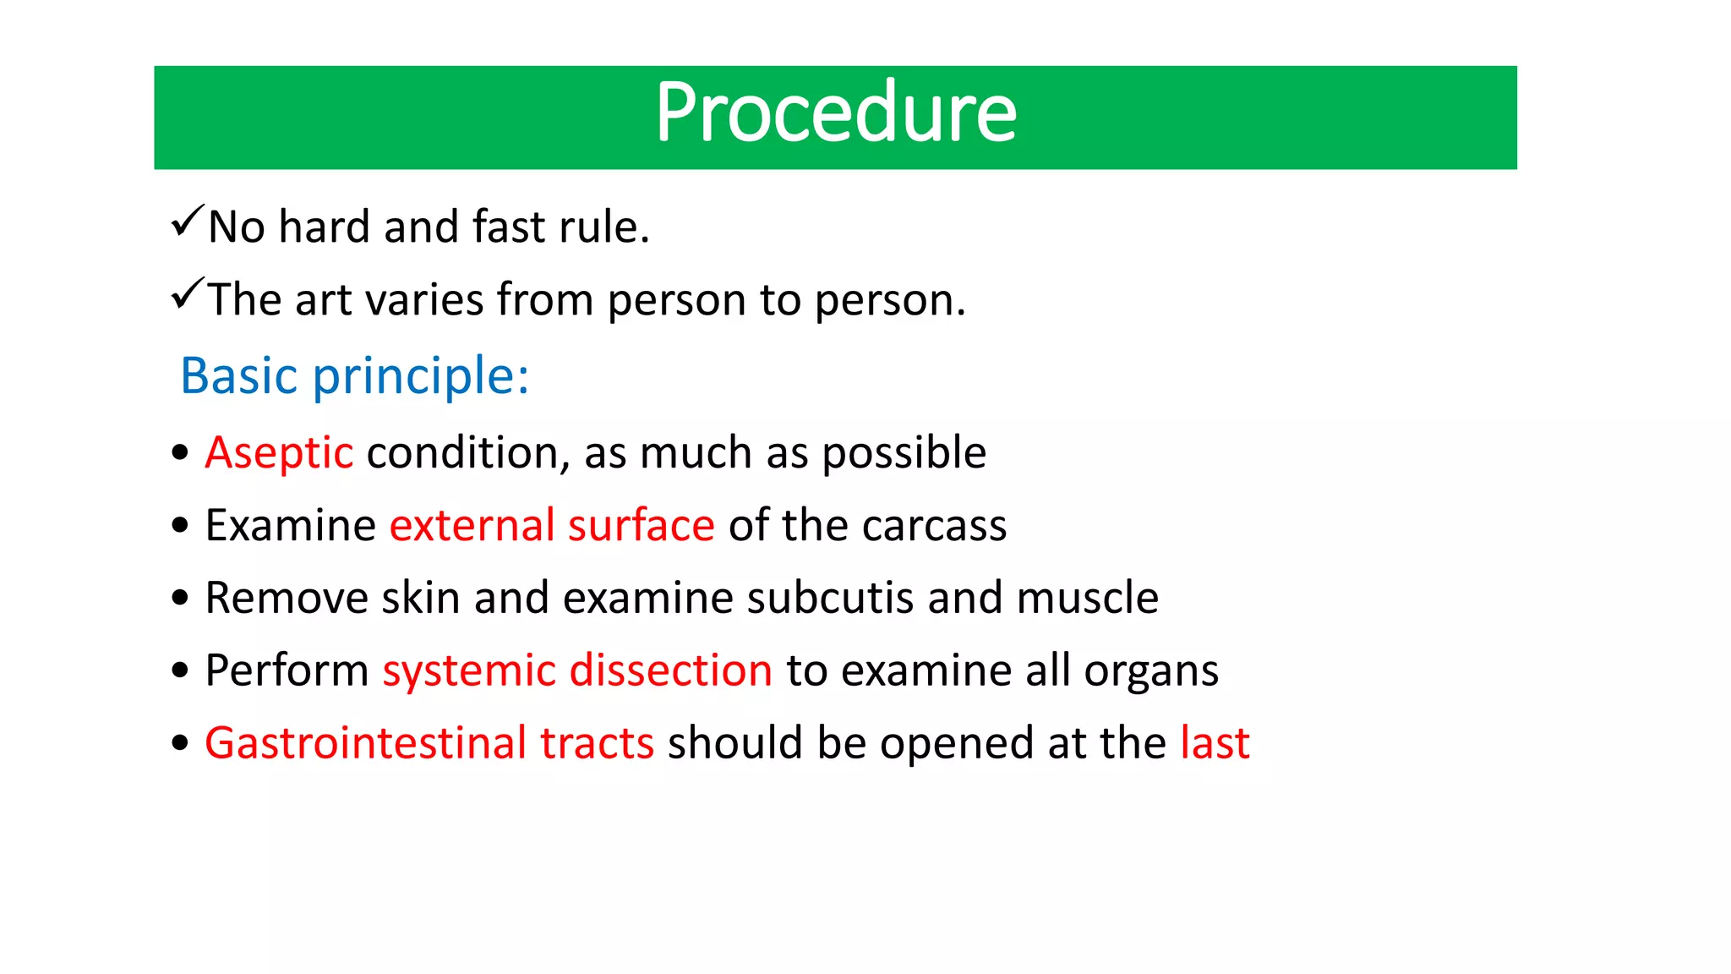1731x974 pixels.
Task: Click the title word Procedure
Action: coord(835,113)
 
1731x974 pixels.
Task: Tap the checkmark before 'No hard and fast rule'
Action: coord(187,222)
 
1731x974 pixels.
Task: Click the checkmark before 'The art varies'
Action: coord(187,294)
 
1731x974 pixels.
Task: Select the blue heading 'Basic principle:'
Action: coord(354,375)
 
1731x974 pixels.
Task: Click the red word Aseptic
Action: coord(279,453)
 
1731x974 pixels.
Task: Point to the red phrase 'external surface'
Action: coord(552,526)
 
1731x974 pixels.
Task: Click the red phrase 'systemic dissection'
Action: coord(577,670)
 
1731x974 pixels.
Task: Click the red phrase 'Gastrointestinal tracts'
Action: coord(429,743)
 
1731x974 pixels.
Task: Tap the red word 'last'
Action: coord(1215,743)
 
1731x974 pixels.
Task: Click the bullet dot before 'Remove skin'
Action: coord(179,599)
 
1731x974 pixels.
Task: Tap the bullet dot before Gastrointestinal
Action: coord(179,744)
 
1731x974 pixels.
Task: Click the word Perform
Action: coord(287,670)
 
